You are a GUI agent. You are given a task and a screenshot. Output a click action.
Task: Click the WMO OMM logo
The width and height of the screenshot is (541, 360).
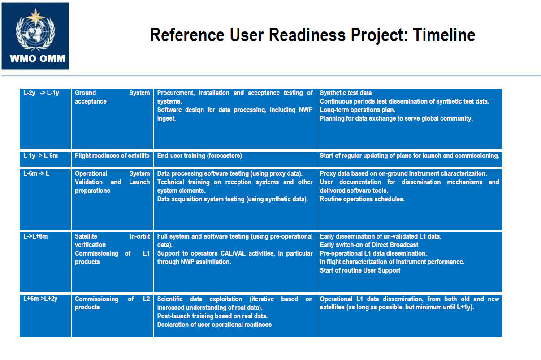[35, 36]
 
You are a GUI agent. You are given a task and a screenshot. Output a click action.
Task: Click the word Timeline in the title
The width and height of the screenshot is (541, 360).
[444, 35]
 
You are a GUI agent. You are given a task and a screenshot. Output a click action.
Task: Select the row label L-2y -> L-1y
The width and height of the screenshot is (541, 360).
[41, 93]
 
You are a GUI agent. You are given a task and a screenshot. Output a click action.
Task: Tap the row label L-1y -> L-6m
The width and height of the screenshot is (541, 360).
[41, 156]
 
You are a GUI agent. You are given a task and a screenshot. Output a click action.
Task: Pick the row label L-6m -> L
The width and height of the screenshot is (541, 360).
[36, 173]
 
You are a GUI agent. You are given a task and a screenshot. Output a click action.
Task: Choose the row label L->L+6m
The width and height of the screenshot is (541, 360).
[35, 236]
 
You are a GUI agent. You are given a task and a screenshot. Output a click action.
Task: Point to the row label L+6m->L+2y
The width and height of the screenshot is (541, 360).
[40, 299]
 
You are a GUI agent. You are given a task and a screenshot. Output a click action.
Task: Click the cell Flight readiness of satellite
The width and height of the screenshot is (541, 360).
[112, 156]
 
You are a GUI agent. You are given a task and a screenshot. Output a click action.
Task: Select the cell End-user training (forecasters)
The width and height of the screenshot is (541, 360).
[199, 156]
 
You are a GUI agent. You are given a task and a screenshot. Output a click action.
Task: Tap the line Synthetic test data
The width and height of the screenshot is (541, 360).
[346, 93]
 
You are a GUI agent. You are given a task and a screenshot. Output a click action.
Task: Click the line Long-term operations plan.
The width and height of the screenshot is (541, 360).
[357, 110]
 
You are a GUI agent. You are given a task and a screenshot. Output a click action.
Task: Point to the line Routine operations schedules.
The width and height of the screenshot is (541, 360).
[362, 199]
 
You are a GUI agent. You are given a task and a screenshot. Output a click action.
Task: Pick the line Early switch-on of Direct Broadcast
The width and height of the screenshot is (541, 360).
[369, 245]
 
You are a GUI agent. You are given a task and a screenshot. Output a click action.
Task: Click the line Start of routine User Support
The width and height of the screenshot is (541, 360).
[360, 270]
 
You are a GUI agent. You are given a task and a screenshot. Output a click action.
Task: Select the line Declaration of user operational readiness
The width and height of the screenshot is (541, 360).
[214, 325]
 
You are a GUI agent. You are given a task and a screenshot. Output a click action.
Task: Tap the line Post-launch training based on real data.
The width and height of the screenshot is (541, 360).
[212, 316]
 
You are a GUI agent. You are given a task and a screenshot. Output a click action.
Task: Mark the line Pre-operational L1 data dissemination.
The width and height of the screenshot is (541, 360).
[373, 253]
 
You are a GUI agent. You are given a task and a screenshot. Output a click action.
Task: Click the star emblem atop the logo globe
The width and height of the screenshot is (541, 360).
[35, 17]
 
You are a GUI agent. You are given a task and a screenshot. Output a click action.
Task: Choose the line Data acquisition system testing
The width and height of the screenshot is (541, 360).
[232, 199]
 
